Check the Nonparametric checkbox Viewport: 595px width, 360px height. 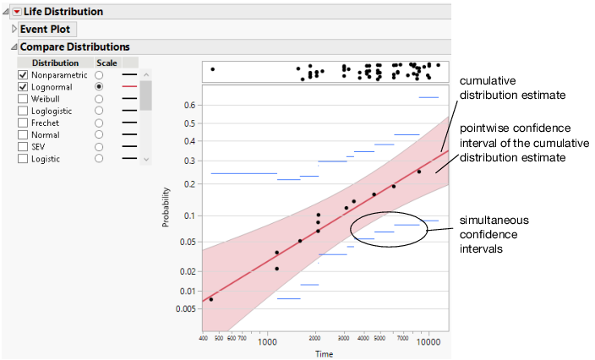(23, 75)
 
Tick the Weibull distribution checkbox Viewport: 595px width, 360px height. (23, 99)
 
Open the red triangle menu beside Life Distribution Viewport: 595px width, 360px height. (16, 12)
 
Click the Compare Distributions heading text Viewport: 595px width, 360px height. (74, 47)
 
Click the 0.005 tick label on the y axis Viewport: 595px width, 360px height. (185, 308)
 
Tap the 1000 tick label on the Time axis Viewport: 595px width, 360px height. (268, 342)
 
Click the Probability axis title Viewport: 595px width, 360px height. (166, 207)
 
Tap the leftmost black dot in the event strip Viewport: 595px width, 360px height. (212, 69)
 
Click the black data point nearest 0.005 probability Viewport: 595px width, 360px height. (211, 299)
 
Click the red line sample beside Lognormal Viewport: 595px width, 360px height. (129, 87)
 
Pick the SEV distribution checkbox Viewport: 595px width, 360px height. (23, 146)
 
